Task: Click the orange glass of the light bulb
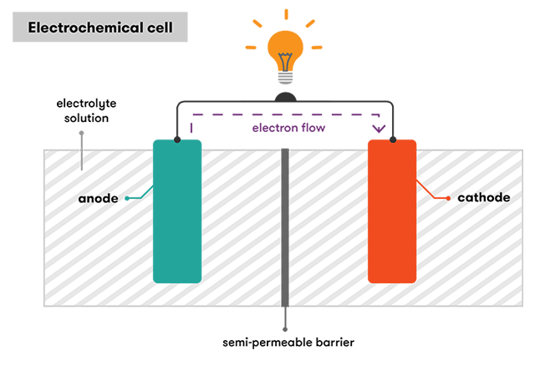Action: pyautogui.click(x=284, y=48)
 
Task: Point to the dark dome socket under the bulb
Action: pyautogui.click(x=285, y=97)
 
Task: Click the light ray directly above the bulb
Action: pyautogui.click(x=284, y=14)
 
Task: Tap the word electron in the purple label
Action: pyautogui.click(x=271, y=129)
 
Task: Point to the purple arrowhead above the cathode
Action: pyautogui.click(x=379, y=129)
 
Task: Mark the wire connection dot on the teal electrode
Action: pyautogui.click(x=177, y=140)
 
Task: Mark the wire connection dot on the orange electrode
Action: pyautogui.click(x=392, y=140)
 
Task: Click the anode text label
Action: pyautogui.click(x=98, y=199)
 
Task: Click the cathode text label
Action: pyautogui.click(x=483, y=198)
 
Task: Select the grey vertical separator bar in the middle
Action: pyautogui.click(x=285, y=226)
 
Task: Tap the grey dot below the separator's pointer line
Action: pyautogui.click(x=285, y=329)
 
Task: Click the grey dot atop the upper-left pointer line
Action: pyautogui.click(x=81, y=133)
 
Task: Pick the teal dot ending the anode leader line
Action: pyautogui.click(x=126, y=199)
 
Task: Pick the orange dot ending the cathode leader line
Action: pyautogui.click(x=451, y=198)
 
